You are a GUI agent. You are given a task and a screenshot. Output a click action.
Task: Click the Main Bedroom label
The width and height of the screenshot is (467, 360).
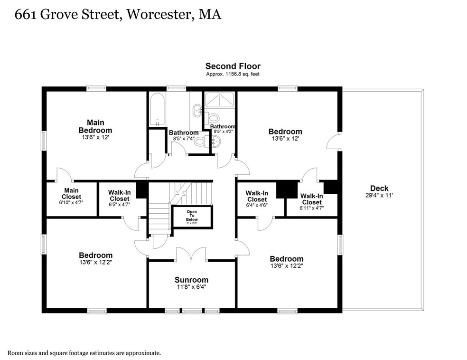pyautogui.click(x=95, y=126)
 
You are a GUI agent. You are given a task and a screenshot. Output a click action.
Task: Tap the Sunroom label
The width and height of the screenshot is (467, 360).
pyautogui.click(x=191, y=280)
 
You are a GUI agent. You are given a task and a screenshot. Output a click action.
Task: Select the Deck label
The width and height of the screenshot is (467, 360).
pyautogui.click(x=379, y=188)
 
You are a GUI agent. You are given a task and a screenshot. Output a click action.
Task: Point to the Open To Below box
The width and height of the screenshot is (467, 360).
pyautogui.click(x=192, y=217)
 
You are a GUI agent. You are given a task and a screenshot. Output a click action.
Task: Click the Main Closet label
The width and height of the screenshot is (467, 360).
pyautogui.click(x=71, y=193)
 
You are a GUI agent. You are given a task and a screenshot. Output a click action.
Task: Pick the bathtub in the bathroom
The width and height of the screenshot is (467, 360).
pyautogui.click(x=157, y=109)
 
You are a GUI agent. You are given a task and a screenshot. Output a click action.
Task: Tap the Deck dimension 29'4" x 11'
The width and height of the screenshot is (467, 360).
pyautogui.click(x=379, y=195)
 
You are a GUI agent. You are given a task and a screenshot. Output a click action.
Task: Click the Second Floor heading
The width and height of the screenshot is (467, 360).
pyautogui.click(x=233, y=66)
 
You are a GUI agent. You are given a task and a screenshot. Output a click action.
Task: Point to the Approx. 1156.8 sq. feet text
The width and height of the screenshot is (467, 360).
pyautogui.click(x=233, y=74)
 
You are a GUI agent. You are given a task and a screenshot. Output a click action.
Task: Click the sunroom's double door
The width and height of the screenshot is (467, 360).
pyautogui.click(x=191, y=254)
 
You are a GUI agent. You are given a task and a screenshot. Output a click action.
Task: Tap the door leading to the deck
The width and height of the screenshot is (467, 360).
pyautogui.click(x=334, y=141)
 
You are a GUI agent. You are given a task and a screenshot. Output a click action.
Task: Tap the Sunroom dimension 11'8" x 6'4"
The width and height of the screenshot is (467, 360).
pyautogui.click(x=191, y=287)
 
